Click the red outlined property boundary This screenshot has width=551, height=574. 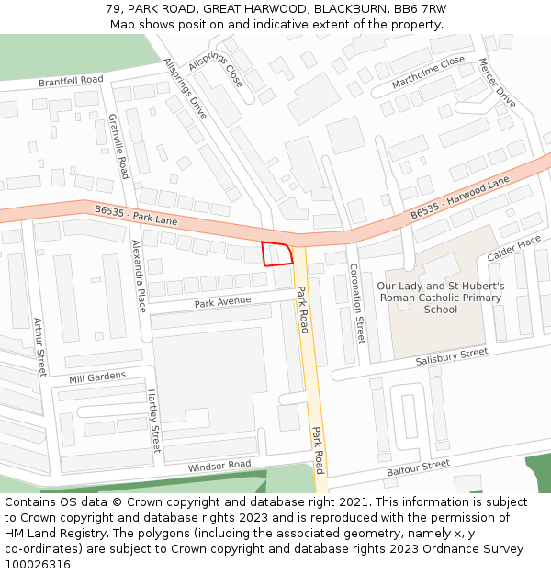click(277, 253)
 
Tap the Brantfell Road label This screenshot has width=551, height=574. click(71, 81)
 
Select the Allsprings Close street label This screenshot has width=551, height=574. click(216, 69)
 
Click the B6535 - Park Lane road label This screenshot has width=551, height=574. click(136, 215)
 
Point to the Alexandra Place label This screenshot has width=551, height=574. click(139, 276)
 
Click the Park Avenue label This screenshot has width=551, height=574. click(222, 302)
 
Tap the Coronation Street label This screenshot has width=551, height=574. click(357, 302)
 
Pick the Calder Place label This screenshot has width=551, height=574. click(514, 248)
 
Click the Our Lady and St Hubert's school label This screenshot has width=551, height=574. click(441, 298)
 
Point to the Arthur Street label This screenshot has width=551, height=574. click(39, 346)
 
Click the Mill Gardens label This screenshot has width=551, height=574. click(97, 377)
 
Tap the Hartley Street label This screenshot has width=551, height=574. click(154, 421)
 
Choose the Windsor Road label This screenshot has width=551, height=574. click(219, 467)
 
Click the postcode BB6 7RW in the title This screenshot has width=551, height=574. click(424, 8)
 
